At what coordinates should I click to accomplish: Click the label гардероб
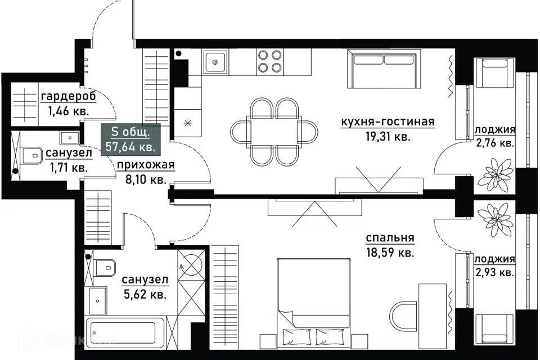tap(68, 97)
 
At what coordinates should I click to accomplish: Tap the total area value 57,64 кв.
tap(130, 147)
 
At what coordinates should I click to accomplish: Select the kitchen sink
tap(215, 62)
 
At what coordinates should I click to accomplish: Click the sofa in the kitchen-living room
tap(384, 69)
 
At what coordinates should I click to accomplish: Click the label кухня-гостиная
tap(388, 122)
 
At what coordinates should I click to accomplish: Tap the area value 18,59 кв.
tap(389, 253)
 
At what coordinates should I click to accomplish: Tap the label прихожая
tap(146, 165)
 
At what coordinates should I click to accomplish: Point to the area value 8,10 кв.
tap(146, 179)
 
